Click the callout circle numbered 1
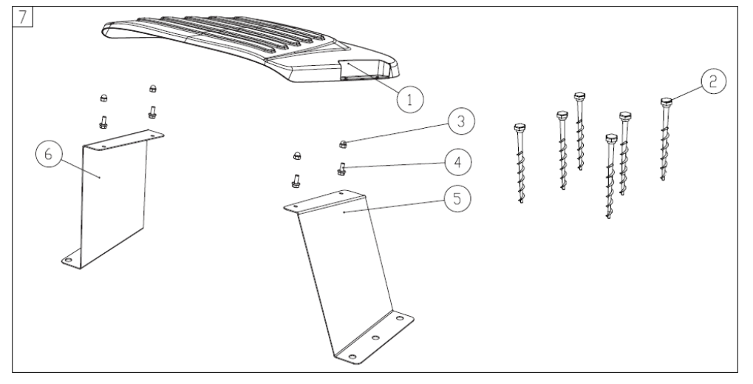pyautogui.click(x=410, y=99)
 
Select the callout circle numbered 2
pyautogui.click(x=713, y=81)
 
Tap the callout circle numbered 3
pyautogui.click(x=461, y=121)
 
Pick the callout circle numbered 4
pyautogui.click(x=458, y=162)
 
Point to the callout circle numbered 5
pyautogui.click(x=457, y=198)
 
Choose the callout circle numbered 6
pyautogui.click(x=49, y=155)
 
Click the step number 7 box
pyautogui.click(x=23, y=17)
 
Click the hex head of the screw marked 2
pyautogui.click(x=666, y=102)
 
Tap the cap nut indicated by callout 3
pyautogui.click(x=343, y=143)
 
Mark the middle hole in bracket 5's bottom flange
pyautogui.click(x=375, y=337)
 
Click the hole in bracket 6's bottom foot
pyautogui.click(x=68, y=260)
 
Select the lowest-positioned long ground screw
pyautogui.click(x=610, y=176)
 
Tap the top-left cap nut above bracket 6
pyautogui.click(x=103, y=98)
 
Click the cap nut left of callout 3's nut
pyautogui.click(x=297, y=155)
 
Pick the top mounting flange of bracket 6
pyautogui.click(x=124, y=140)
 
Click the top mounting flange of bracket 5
pyautogui.click(x=324, y=201)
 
